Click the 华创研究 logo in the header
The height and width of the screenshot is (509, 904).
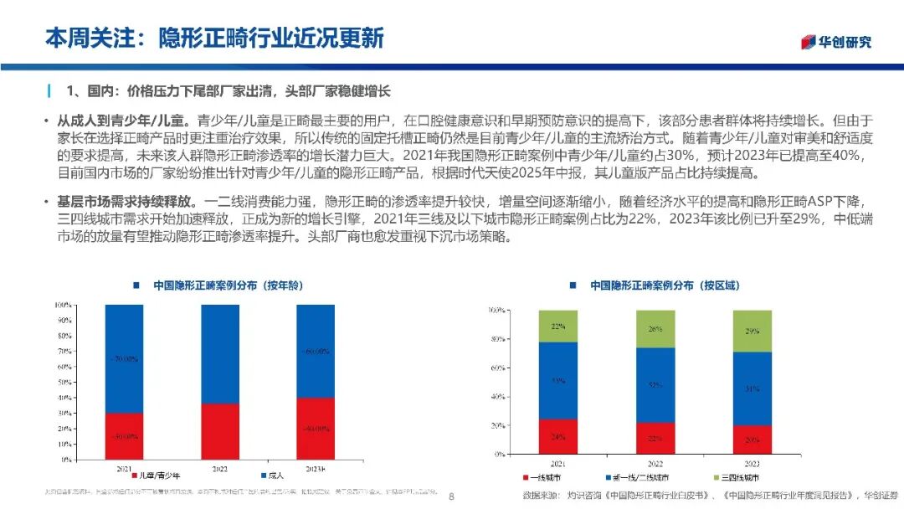pos(837,42)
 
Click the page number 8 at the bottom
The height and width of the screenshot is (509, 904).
pos(452,496)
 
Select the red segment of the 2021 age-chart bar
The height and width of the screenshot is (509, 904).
pos(123,436)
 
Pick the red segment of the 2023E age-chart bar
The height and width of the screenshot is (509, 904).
pos(315,429)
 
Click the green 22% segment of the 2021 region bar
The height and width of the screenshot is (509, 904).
pos(558,326)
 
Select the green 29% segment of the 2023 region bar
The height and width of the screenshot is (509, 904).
pos(752,331)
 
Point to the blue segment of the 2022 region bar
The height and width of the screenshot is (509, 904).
pos(655,385)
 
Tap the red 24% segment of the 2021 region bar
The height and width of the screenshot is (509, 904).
pos(558,436)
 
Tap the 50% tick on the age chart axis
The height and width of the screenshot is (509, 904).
pos(64,383)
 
